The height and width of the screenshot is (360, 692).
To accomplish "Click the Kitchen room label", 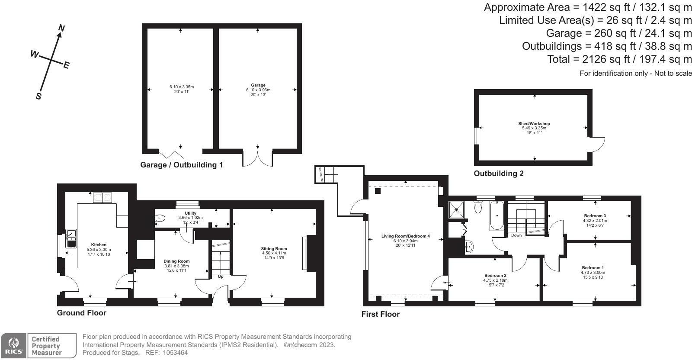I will click(99, 245).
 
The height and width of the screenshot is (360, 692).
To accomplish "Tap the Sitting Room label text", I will click(274, 249).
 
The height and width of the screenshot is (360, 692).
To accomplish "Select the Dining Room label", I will click(176, 261).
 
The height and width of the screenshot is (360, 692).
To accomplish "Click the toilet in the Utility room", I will click(160, 219).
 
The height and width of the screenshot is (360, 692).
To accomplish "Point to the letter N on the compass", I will click(61, 29).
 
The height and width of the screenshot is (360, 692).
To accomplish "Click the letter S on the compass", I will click(38, 96).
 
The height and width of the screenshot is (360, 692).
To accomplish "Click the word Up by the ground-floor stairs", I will click(221, 276).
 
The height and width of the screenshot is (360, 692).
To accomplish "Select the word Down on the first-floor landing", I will click(516, 235).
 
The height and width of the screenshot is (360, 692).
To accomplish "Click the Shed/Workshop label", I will click(534, 124).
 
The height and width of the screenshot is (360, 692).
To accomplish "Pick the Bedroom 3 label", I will click(595, 216).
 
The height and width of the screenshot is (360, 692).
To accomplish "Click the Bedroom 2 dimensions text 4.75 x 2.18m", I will click(495, 280).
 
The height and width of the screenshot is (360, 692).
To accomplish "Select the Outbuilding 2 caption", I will click(498, 174).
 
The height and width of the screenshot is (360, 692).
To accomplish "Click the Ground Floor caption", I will click(81, 313).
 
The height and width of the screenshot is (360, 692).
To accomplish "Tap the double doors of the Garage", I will click(258, 158).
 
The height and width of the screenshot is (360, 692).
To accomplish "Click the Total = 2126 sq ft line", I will click(619, 59).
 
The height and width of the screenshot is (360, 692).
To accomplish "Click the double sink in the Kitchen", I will click(103, 198).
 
